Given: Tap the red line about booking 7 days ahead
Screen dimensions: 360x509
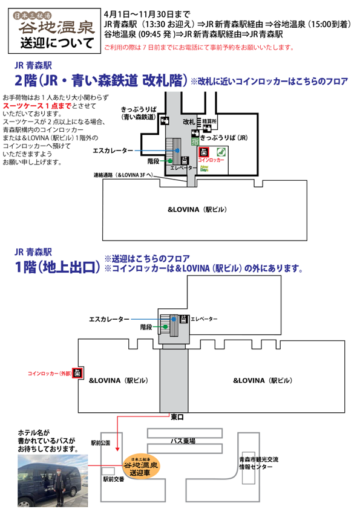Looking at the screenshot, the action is coord(199,47).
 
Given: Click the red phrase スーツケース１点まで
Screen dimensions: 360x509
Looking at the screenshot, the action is coord(37,106).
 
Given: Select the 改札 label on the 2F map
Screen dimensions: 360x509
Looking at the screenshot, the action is coord(188,122).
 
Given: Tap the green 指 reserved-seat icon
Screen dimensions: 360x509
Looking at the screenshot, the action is coord(195,141).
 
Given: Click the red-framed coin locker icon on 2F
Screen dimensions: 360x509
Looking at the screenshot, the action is coord(204,152).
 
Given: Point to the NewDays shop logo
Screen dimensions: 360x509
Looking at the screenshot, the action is coord(204,168).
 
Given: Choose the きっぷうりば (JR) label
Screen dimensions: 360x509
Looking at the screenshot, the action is coord(224,138).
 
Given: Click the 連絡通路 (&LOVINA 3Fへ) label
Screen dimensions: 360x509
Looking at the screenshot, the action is coord(123,175).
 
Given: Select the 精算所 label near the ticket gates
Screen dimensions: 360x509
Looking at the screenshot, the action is coord(209,122).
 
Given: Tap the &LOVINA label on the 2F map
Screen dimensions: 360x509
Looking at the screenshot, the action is coord(197,209).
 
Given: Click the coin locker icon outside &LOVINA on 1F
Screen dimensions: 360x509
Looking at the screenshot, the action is coord(77,372).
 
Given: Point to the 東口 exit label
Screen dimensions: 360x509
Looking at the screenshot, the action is coord(177,417).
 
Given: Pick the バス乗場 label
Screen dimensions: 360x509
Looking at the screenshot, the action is coord(183,441).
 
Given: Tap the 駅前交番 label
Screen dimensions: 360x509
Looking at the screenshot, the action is coord(113,479).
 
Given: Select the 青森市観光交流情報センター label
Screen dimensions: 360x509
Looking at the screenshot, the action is coord(258,463).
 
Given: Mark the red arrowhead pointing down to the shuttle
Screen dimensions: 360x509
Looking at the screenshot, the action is coord(117,449).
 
